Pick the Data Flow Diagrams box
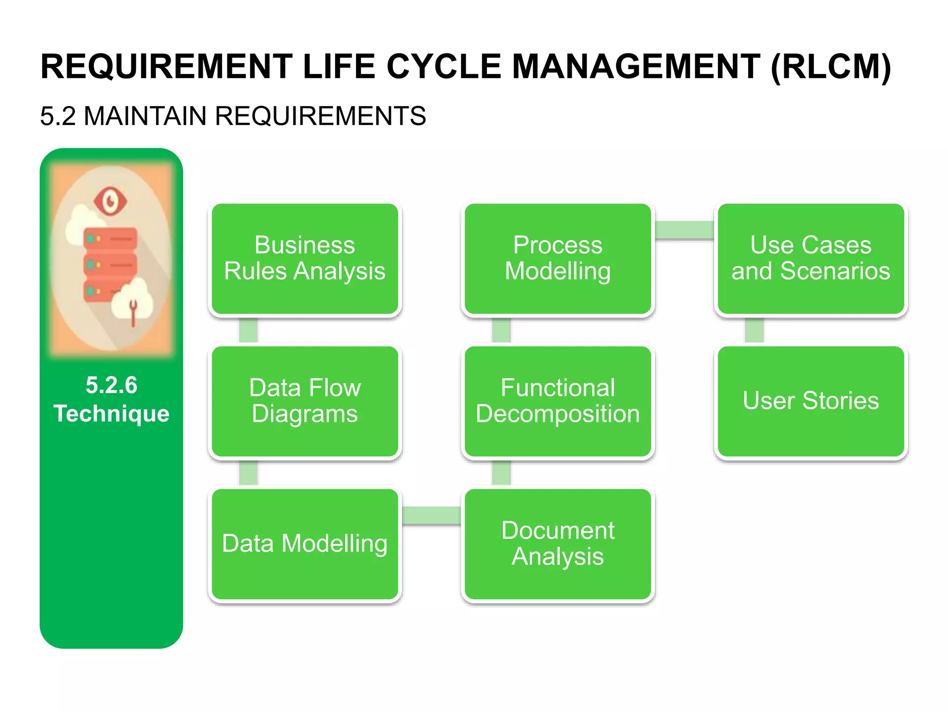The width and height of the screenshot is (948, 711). tap(305, 401)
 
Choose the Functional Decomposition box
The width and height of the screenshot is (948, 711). tap(558, 401)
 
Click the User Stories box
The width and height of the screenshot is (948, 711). tap(811, 401)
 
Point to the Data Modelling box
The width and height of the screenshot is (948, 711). tap(305, 544)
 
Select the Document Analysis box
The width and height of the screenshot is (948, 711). tap(558, 544)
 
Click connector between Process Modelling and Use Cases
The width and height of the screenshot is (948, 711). tap(684, 230)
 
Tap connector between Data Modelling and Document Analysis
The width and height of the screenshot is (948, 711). tap(431, 515)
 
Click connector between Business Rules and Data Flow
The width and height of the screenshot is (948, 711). tap(249, 330)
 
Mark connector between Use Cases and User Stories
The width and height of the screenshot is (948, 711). tap(754, 330)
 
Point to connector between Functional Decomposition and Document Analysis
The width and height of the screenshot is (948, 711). tap(501, 473)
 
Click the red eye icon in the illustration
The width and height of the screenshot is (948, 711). tap(110, 201)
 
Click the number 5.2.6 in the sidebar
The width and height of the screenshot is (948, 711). tap(112, 385)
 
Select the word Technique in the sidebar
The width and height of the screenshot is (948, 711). tap(112, 413)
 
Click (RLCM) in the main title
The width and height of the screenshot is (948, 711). tap(830, 68)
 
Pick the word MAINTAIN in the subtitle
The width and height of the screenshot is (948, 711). tap(145, 116)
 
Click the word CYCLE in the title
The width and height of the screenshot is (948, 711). tap(443, 67)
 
